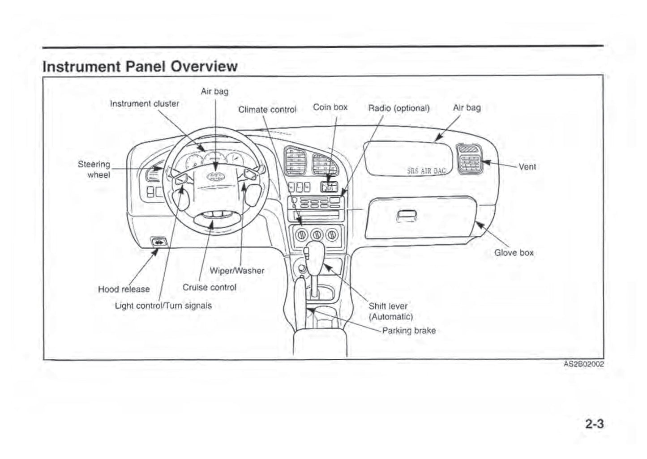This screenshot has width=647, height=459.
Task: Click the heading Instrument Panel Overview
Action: tap(140, 66)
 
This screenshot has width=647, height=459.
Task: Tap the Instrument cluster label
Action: tap(144, 104)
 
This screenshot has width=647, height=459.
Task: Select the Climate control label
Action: tap(267, 110)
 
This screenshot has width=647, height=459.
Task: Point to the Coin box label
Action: tap(330, 107)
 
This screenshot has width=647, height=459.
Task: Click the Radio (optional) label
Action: tap(398, 108)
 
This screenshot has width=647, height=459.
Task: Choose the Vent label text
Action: tap(527, 167)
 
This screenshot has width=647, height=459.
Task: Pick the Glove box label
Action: tap(514, 253)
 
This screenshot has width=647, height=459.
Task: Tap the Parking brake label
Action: tap(408, 331)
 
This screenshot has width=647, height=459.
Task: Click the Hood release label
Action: tap(124, 289)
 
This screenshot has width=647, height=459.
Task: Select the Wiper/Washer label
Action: tap(237, 271)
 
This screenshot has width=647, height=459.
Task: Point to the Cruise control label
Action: tap(209, 287)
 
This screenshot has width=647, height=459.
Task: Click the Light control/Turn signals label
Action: tap(163, 306)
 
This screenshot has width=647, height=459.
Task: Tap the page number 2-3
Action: tap(594, 424)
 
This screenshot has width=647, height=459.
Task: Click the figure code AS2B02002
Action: tap(583, 364)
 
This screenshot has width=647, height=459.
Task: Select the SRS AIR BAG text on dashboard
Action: tap(426, 170)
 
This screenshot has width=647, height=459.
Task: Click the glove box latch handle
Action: tap(407, 215)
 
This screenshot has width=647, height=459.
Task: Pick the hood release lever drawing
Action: tap(159, 242)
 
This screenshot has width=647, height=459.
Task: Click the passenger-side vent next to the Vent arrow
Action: tap(469, 159)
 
